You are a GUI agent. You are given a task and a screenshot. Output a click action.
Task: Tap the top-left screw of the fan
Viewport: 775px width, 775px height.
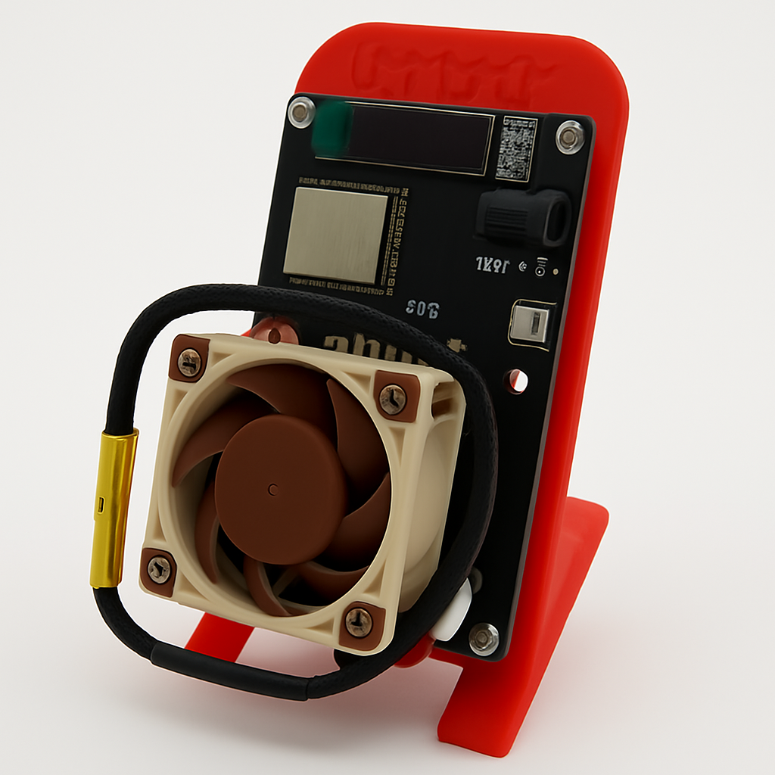coord(188,362)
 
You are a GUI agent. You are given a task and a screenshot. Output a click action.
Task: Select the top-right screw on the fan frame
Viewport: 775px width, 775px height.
coord(393,399)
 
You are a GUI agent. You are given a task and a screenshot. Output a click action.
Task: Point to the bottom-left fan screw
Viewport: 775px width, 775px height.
coord(159,568)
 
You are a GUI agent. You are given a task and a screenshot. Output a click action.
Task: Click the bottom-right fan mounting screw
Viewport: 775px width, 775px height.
coord(359,622)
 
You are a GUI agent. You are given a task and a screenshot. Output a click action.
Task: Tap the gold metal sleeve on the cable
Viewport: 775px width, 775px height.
coord(114,507)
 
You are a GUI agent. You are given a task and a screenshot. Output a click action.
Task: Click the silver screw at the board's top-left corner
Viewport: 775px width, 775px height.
coord(301,113)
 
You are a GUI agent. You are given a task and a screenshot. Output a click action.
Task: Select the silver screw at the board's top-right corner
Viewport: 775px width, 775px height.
coord(569,137)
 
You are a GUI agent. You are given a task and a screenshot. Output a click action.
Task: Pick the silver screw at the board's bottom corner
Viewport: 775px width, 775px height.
coord(483,638)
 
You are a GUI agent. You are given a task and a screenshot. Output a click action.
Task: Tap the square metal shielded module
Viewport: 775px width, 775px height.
coord(335,234)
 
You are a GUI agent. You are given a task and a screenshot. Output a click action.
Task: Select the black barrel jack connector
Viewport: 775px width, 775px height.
coord(524,216)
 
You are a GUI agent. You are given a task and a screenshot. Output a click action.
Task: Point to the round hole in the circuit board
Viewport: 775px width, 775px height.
coord(516,381)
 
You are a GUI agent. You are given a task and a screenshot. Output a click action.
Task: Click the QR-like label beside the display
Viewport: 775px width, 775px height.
coord(516,148)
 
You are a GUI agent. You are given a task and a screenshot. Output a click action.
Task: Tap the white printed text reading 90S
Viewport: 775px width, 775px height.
coord(422,309)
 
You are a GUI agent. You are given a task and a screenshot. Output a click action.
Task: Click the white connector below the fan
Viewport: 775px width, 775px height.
coord(456,606)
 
